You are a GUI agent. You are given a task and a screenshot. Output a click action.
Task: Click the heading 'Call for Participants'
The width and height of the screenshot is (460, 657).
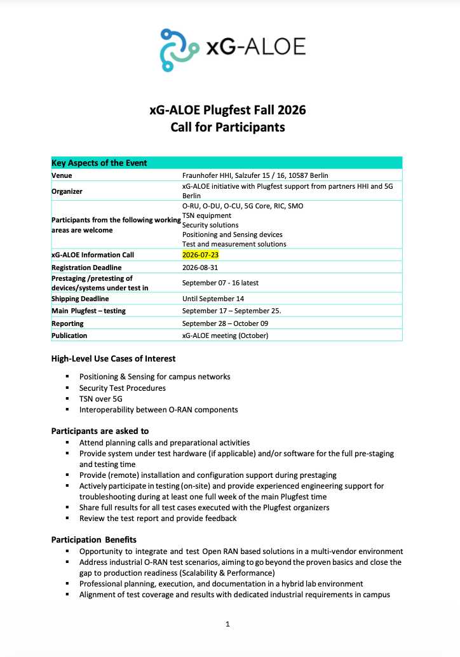(x=227, y=127)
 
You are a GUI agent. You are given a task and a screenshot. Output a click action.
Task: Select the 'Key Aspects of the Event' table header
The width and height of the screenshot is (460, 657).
(x=99, y=163)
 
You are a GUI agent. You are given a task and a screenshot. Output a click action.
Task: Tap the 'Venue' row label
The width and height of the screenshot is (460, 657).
(x=62, y=175)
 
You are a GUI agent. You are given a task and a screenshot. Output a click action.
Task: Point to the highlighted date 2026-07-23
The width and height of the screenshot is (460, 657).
(x=201, y=255)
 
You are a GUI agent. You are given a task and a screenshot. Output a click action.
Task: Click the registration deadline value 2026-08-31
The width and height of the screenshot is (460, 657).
(x=201, y=268)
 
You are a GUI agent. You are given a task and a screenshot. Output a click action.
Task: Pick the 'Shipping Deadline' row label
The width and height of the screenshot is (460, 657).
(x=80, y=299)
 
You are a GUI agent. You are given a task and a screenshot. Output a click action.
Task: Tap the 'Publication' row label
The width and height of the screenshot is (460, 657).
(x=69, y=335)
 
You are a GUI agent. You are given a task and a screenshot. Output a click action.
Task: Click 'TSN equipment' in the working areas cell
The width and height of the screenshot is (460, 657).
(x=206, y=215)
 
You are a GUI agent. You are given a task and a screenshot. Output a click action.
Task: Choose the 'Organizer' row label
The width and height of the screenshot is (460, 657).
(x=67, y=191)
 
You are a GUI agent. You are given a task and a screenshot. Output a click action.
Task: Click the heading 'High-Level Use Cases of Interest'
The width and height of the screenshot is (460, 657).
(x=113, y=359)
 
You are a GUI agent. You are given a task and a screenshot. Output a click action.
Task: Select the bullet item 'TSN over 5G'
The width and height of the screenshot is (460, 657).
(x=100, y=399)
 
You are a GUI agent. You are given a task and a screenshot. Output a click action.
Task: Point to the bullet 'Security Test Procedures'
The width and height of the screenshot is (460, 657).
(x=122, y=388)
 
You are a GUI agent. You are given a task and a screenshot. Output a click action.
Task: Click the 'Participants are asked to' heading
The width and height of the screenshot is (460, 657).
(x=100, y=431)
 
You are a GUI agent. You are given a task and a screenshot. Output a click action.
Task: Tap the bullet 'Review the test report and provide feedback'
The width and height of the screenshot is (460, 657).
(x=158, y=518)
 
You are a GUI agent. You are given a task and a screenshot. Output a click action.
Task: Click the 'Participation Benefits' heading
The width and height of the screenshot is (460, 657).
(x=94, y=540)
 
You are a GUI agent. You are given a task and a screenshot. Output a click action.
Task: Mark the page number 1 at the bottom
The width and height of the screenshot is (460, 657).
(x=227, y=624)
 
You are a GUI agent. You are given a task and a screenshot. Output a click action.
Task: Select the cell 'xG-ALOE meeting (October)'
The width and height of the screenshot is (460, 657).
(x=225, y=335)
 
